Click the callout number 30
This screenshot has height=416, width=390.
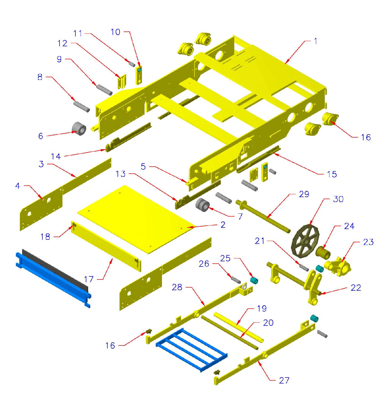click(x=338, y=199)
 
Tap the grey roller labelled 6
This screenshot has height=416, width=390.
click(x=79, y=128)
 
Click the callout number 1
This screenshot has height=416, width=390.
click(x=315, y=41)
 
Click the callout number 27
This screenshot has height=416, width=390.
click(x=284, y=380)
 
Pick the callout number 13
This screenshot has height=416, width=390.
click(x=121, y=174)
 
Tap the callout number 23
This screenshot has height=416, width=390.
click(x=368, y=242)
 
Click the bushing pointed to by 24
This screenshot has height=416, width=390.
click(x=323, y=252)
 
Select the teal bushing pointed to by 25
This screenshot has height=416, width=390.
click(x=254, y=281)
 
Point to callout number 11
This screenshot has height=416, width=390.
click(x=77, y=33)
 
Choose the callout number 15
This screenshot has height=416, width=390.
click(x=332, y=174)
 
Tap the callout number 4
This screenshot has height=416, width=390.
click(x=17, y=186)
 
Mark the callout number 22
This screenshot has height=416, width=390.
click(x=356, y=288)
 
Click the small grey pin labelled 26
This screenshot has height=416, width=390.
click(x=236, y=280)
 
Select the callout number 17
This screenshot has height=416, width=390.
click(x=89, y=279)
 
